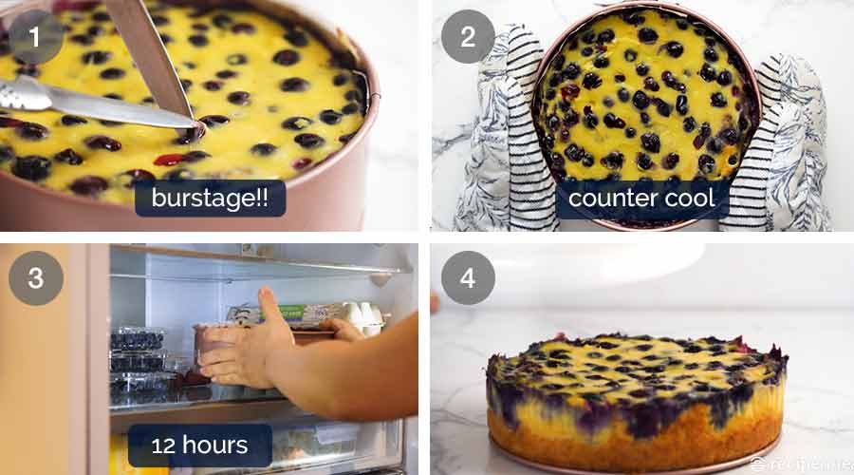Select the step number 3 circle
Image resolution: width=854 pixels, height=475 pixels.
point(35,278)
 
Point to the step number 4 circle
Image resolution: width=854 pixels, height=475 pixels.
point(468,278)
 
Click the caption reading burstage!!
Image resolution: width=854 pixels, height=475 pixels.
point(210,199)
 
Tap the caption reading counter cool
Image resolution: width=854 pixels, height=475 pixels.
point(641,199)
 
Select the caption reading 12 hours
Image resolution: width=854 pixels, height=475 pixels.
point(200,445)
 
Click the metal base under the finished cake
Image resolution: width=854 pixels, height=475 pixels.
point(636,463)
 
